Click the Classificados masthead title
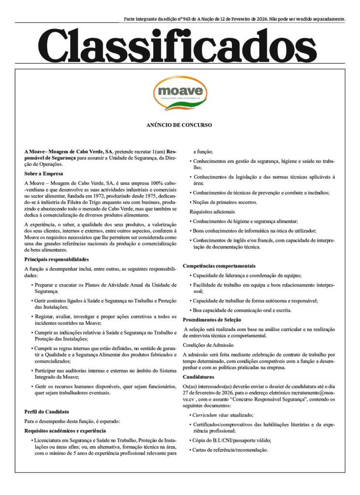tap(180, 45)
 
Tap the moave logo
tap(180, 93)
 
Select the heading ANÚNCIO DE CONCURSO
tap(179, 125)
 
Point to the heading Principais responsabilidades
tap(56, 260)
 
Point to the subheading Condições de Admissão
tap(209, 345)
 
